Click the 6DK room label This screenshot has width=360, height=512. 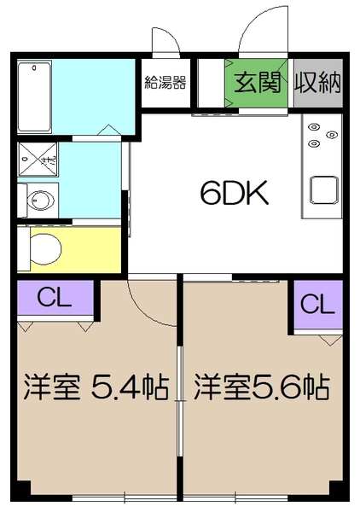(235, 195)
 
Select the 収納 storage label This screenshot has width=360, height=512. (318, 83)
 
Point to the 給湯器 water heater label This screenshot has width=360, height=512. (165, 83)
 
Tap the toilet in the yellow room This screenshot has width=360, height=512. (46, 249)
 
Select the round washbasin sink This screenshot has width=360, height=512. (39, 201)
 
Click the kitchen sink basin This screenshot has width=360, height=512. (325, 187)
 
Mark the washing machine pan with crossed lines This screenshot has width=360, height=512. (38, 157)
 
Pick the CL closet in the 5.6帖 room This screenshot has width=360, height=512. (316, 303)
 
